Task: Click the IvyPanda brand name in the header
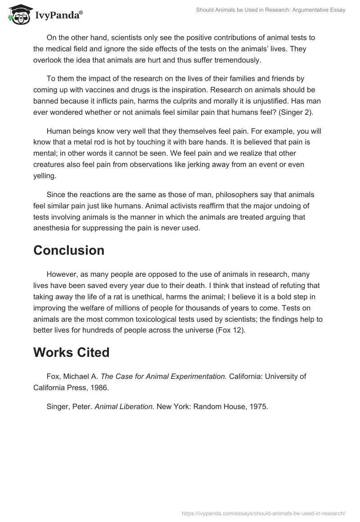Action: coord(58,15)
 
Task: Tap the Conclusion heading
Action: coord(69,251)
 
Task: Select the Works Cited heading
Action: coord(71,352)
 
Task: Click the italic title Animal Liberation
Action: coord(125,407)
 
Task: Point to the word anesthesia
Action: coord(52,228)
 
